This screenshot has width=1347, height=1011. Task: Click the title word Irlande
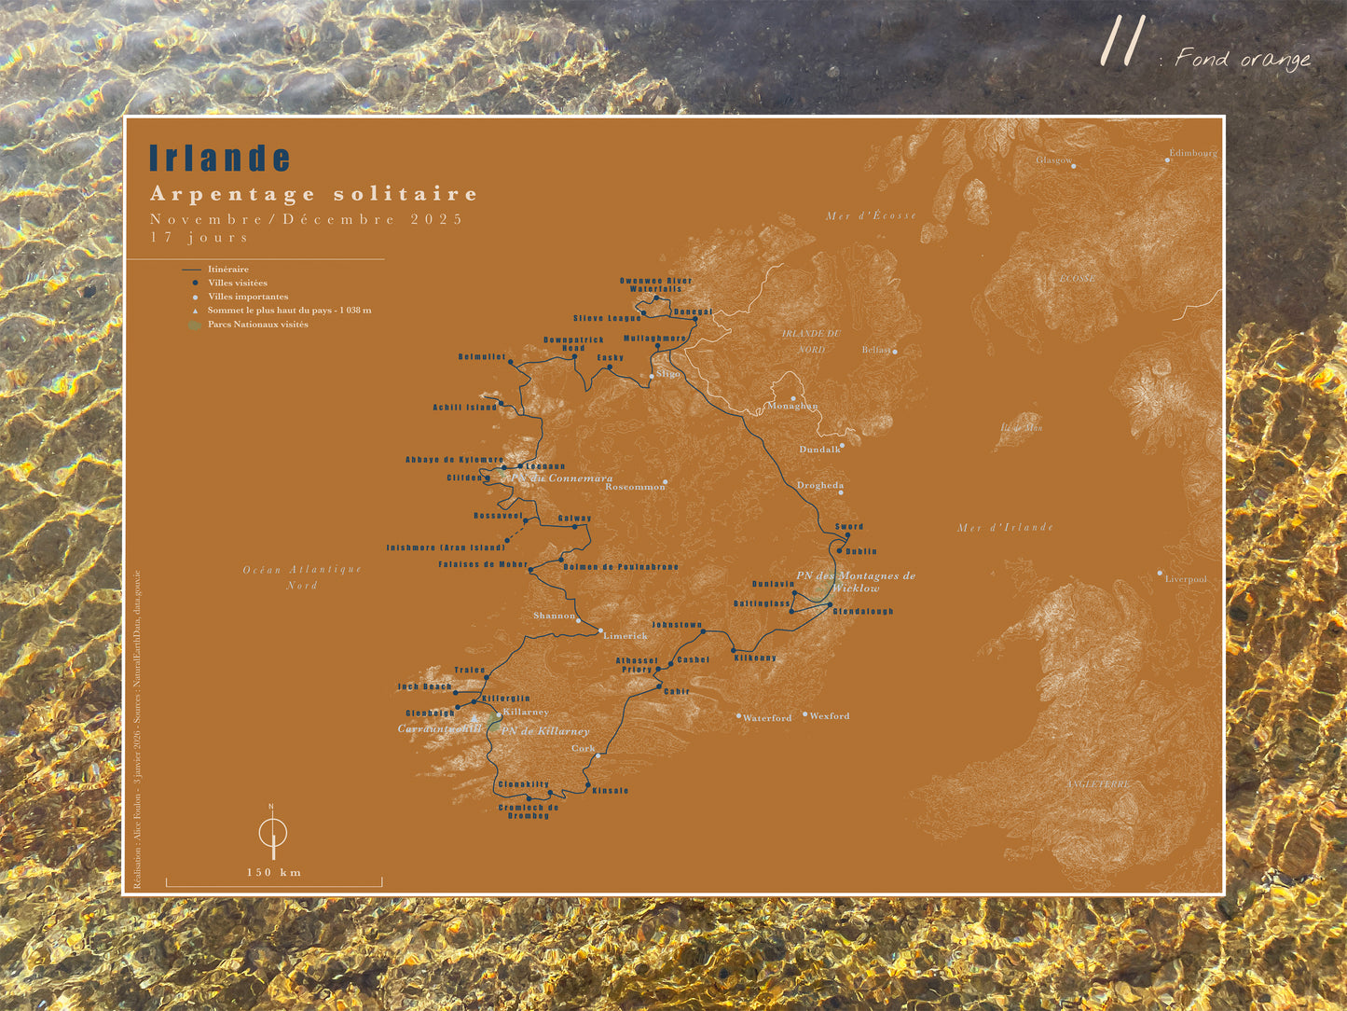point(220,159)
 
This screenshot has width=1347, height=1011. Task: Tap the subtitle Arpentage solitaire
point(313,194)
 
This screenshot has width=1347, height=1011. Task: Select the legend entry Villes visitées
point(237,283)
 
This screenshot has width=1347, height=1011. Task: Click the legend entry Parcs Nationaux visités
point(257,325)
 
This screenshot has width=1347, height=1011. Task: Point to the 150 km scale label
point(273,873)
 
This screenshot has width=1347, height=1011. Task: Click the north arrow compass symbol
point(272,832)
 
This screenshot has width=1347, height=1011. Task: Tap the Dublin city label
point(861,551)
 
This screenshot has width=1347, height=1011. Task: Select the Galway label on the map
point(574,519)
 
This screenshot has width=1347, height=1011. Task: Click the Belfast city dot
point(895,352)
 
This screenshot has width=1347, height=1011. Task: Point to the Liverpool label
point(1186,579)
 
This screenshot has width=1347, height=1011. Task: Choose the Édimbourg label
point(1193,153)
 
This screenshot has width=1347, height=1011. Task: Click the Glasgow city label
point(1053,160)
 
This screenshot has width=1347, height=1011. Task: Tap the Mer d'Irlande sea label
point(1005,528)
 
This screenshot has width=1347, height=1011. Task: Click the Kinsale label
point(611,791)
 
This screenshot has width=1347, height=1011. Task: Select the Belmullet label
point(482,357)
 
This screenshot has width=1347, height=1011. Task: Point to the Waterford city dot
point(739,716)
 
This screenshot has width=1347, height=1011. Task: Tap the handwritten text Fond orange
point(1242,59)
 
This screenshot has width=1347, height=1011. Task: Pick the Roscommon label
point(635,487)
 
